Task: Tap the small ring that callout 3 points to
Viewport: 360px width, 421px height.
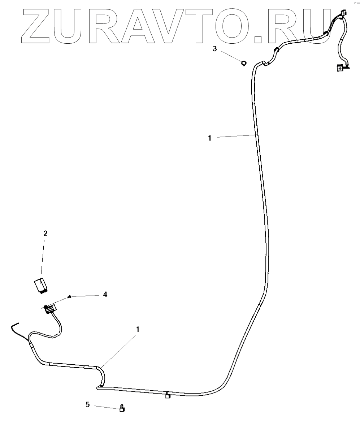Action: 244,63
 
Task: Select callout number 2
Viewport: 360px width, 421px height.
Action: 45,233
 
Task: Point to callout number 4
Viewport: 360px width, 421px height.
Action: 105,294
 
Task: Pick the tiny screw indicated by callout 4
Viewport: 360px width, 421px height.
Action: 68,297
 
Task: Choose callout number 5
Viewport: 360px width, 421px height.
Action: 87,404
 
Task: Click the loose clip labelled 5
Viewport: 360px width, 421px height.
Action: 122,409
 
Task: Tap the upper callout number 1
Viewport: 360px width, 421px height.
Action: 209,138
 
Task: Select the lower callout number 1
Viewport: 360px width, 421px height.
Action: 138,329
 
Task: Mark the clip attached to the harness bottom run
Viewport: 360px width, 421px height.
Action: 168,395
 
